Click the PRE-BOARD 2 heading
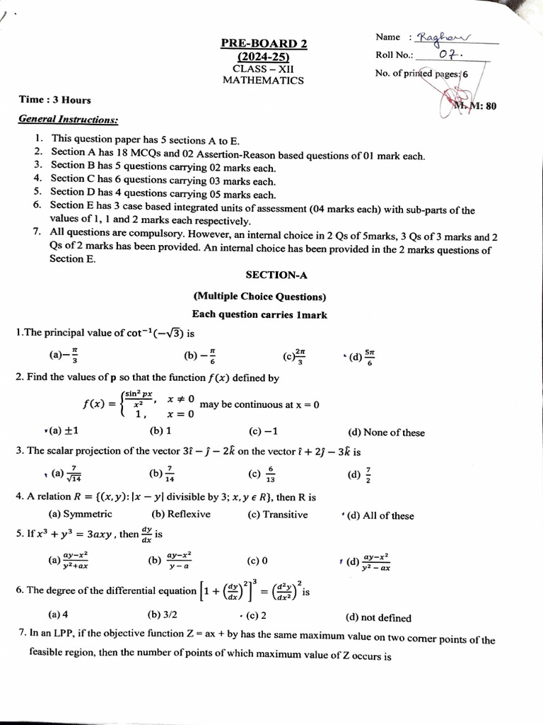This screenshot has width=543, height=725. click(264, 44)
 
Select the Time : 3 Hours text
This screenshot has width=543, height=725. click(54, 100)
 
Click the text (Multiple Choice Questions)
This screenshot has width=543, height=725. click(259, 297)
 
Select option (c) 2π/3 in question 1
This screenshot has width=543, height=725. click(295, 357)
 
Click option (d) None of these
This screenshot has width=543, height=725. click(386, 433)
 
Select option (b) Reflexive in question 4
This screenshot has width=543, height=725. click(181, 515)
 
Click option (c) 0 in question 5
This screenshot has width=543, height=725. click(257, 561)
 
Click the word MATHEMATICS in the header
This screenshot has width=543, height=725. click(263, 80)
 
